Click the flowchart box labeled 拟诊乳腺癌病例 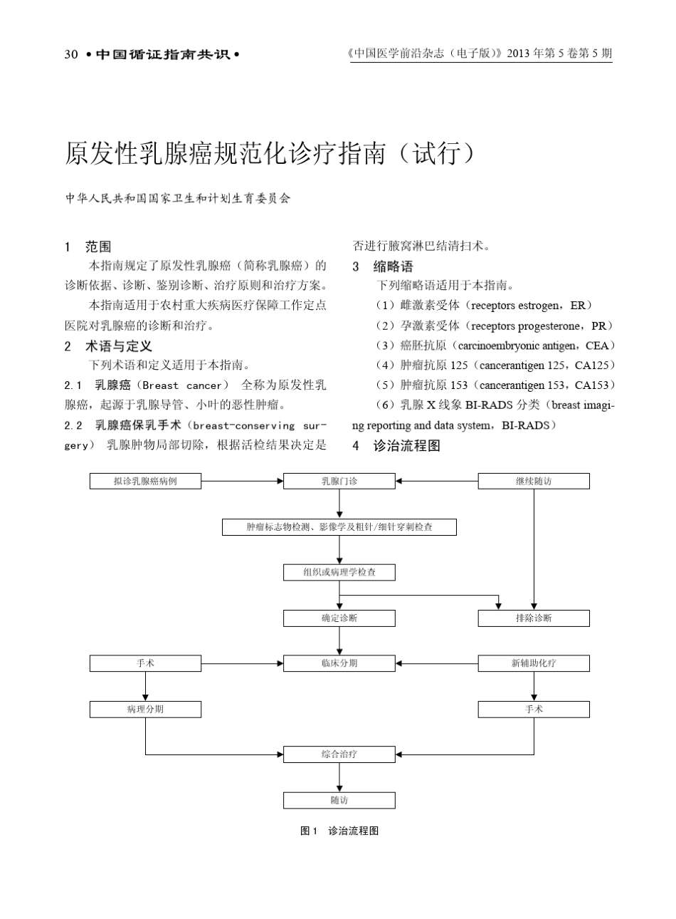coord(145,482)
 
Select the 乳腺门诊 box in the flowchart coord(339,482)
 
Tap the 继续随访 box coord(534,482)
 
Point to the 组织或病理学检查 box coord(339,572)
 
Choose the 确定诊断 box coord(339,618)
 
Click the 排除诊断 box coord(534,618)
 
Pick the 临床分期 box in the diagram coord(339,663)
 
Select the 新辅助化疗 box coord(534,663)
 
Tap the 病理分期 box coord(145,709)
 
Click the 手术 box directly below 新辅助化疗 coord(534,709)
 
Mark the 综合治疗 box coord(339,754)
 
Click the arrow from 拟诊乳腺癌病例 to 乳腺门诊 coord(242,482)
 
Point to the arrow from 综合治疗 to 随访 coord(339,777)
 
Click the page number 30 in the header coord(70,54)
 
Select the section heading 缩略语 coord(393,267)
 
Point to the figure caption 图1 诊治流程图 coord(339,831)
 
